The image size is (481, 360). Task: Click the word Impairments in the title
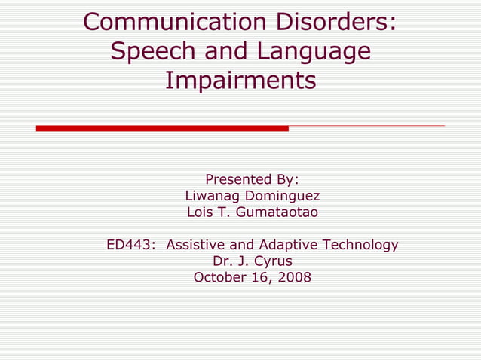[240, 79]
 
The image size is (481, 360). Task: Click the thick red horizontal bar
[162, 128]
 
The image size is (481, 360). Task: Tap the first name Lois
[201, 212]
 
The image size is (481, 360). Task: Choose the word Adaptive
[289, 245]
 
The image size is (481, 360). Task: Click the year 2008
[294, 277]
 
